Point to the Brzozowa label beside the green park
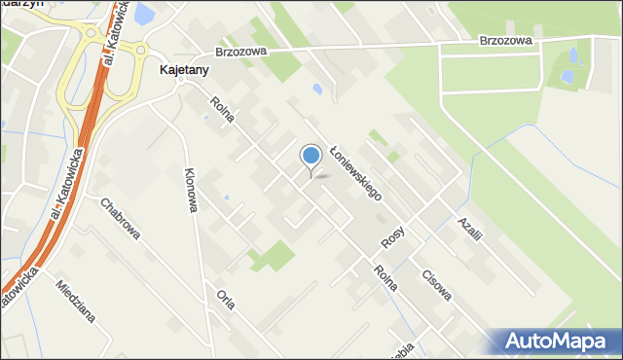point(505,41)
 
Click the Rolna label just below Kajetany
point(222,110)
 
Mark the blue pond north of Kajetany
point(143,14)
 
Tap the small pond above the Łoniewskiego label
point(317,90)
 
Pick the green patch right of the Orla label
point(274,257)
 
